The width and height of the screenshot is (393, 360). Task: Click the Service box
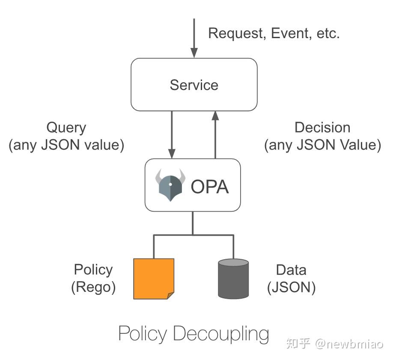pos(194,84)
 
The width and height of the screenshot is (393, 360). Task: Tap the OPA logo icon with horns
pos(170,185)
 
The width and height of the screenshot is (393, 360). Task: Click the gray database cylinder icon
pos(233,279)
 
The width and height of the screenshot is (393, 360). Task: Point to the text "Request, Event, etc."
pos(274,33)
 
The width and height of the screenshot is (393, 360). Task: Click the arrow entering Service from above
pos(194,39)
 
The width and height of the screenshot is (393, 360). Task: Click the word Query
pos(66,128)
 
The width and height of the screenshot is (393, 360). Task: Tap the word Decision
pos(322,128)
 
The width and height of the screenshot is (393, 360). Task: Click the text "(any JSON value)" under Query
pos(66,145)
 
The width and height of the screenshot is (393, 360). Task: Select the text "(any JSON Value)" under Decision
pos(322,145)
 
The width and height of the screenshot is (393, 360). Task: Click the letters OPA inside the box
pos(209,186)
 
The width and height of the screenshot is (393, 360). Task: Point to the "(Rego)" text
pos(93,287)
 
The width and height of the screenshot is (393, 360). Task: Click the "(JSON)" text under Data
pos(291,287)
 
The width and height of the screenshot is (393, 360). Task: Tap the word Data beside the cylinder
pos(291,270)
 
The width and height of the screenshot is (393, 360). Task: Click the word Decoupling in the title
pos(221,334)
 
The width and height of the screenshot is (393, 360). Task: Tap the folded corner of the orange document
pos(170,295)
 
